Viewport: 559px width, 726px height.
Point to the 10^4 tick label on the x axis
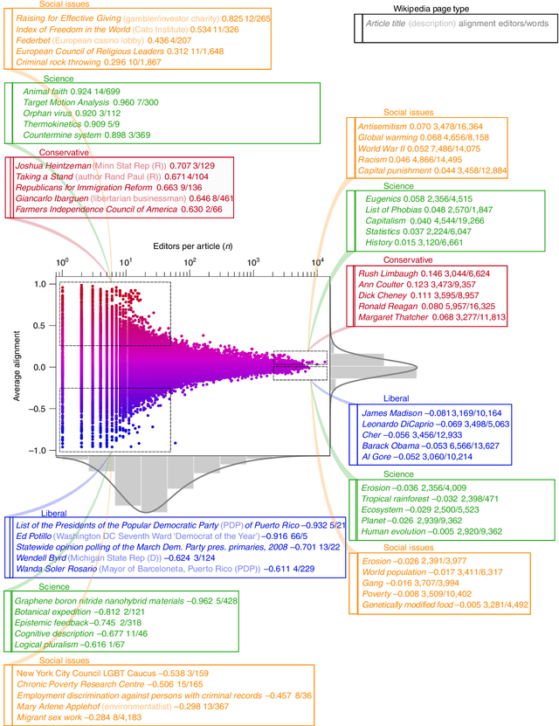[x=318, y=261]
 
